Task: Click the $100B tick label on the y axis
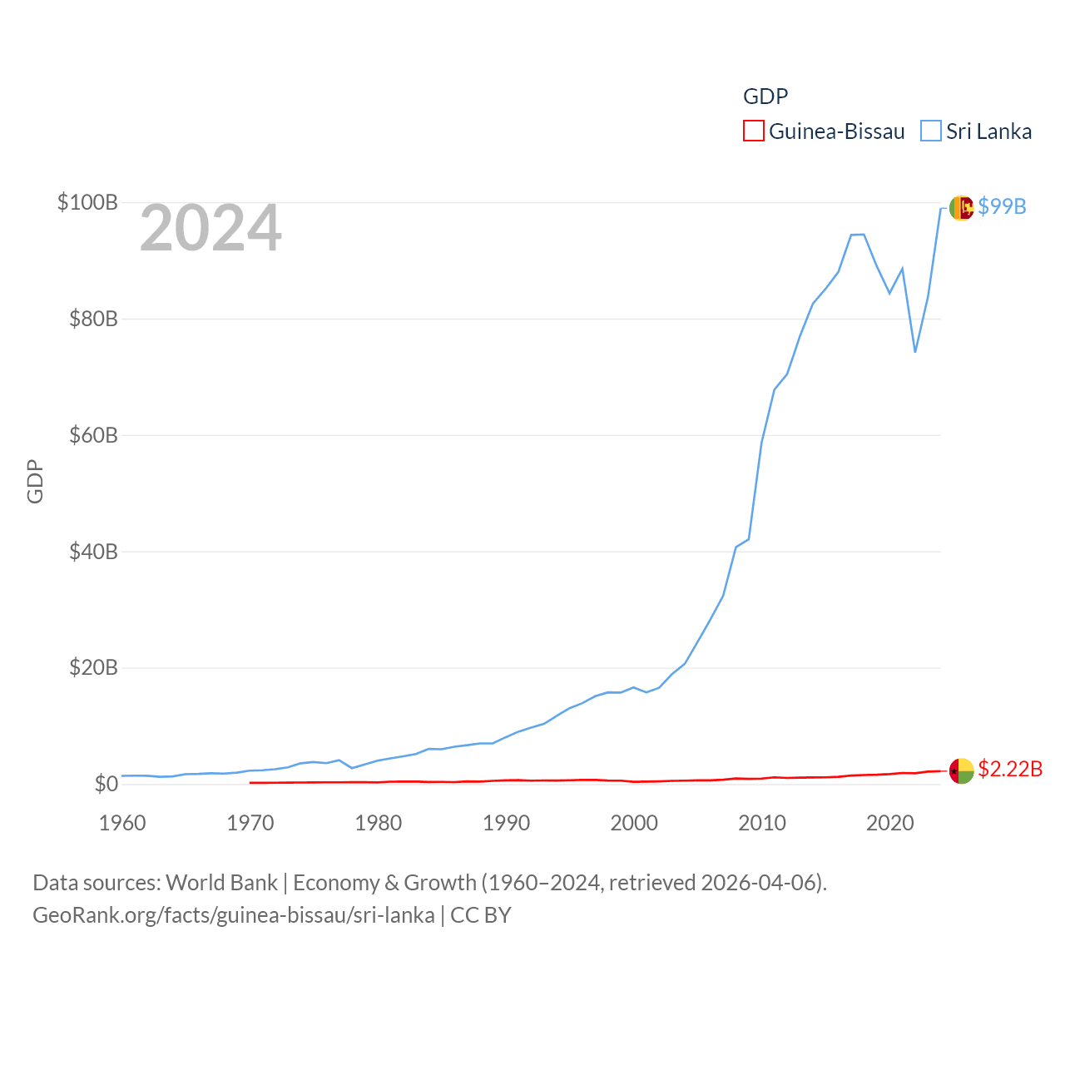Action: [x=87, y=202]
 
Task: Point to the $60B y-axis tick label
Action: [x=93, y=435]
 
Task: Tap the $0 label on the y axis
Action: [x=106, y=784]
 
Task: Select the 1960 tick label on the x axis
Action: [x=122, y=824]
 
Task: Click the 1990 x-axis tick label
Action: [x=506, y=824]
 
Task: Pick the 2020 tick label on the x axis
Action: [x=889, y=824]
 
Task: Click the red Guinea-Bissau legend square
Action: [x=754, y=131]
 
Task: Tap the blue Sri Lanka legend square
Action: [x=931, y=131]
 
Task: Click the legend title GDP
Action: [x=765, y=97]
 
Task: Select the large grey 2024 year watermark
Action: [x=211, y=228]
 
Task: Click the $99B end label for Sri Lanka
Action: [x=1002, y=206]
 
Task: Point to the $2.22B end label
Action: [x=1010, y=769]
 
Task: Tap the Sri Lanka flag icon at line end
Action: [x=961, y=207]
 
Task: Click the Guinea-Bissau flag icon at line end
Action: [x=961, y=770]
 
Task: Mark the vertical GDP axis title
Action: [x=35, y=481]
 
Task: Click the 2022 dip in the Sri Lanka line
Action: [x=915, y=351]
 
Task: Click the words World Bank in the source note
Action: [x=221, y=882]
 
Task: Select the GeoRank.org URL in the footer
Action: [x=233, y=915]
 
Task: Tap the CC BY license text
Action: [x=481, y=915]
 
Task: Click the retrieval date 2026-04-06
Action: [x=761, y=882]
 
